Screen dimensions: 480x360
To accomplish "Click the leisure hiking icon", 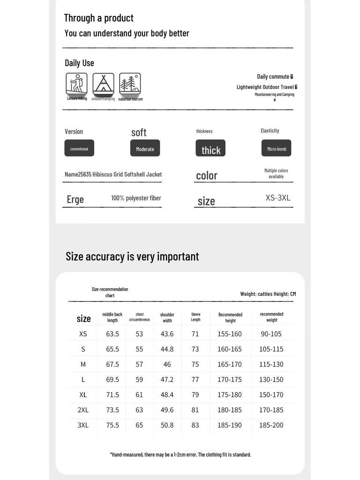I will pyautogui.click(x=76, y=84).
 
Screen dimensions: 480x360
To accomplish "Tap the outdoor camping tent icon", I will pyautogui.click(x=103, y=84).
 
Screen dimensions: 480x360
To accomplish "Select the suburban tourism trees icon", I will pyautogui.click(x=130, y=84).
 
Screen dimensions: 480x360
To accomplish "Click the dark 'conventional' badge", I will pyautogui.click(x=79, y=148).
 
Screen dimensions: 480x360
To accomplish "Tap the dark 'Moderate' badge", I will pyautogui.click(x=145, y=148).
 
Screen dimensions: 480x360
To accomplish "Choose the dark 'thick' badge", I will pyautogui.click(x=210, y=149).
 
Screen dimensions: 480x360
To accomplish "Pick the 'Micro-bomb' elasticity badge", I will pyautogui.click(x=277, y=148).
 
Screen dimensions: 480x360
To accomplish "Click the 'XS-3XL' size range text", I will pyautogui.click(x=278, y=197).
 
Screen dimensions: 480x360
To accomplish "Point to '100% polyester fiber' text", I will pyautogui.click(x=136, y=198).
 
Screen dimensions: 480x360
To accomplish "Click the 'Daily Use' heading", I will pyautogui.click(x=79, y=63).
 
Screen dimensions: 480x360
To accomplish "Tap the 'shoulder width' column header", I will pyautogui.click(x=167, y=318).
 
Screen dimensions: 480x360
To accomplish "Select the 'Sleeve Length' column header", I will pyautogui.click(x=195, y=317).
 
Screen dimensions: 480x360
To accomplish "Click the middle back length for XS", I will pyautogui.click(x=112, y=334).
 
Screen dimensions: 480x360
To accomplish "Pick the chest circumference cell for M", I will pyautogui.click(x=139, y=364).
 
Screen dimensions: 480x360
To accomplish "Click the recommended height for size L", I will pyautogui.click(x=230, y=379).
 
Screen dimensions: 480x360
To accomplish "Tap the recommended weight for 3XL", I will pyautogui.click(x=271, y=425).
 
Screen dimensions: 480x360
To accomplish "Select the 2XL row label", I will pyautogui.click(x=83, y=410).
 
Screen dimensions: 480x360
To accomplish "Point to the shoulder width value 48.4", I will pyautogui.click(x=167, y=395).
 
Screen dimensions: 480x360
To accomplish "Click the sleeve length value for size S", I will pyautogui.click(x=195, y=349).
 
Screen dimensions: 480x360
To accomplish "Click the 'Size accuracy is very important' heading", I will pyautogui.click(x=132, y=256).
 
